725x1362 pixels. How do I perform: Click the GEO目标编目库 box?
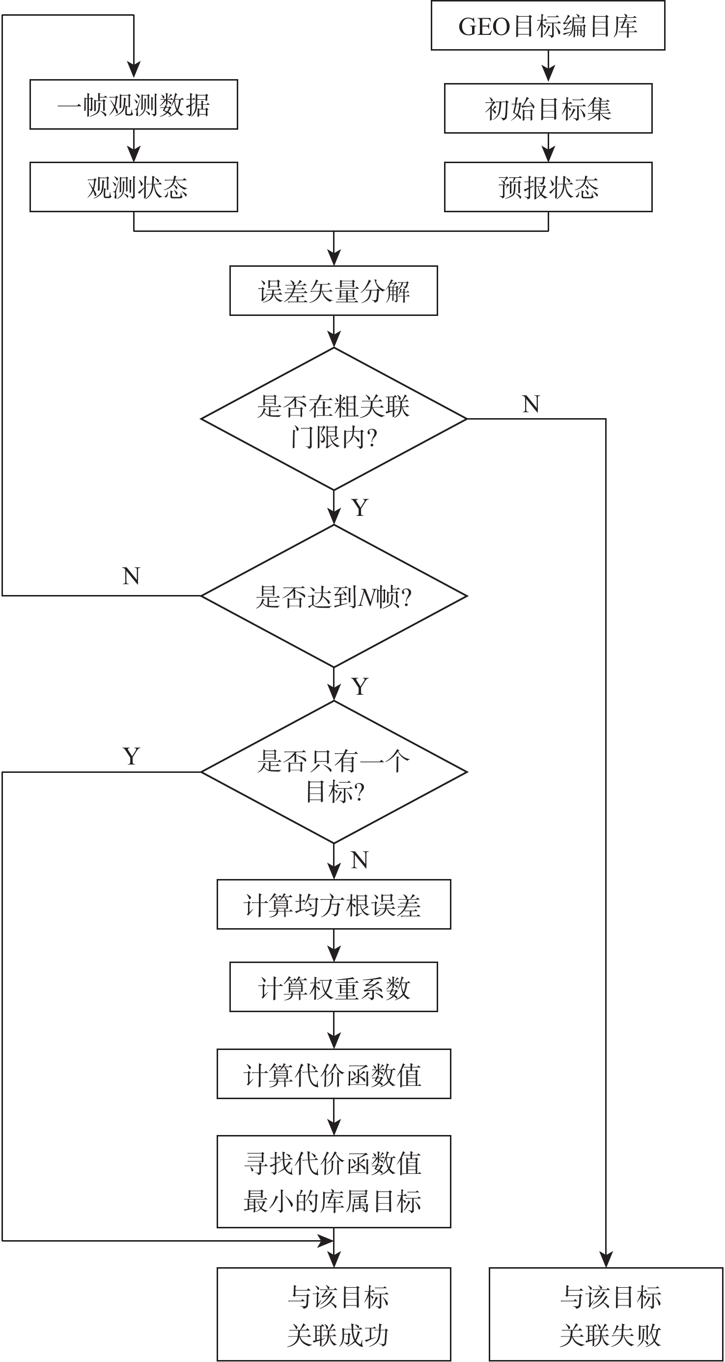tap(548, 26)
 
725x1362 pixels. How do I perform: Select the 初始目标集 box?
tap(548, 109)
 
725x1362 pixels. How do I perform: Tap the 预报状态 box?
tap(548, 187)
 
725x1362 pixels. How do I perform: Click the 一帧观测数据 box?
tap(134, 104)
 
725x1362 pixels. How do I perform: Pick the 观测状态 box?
tap(134, 187)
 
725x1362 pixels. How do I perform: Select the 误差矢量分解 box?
tap(334, 291)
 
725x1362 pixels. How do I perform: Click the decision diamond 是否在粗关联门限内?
tap(334, 419)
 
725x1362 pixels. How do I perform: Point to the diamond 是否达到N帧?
tap(334, 596)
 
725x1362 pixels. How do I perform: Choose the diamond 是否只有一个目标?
tap(334, 772)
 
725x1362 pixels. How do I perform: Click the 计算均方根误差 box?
tap(334, 905)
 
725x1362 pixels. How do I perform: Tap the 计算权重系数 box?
tap(334, 987)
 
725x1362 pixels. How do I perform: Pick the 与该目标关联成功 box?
tap(334, 1314)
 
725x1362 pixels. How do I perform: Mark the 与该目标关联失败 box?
tap(606, 1314)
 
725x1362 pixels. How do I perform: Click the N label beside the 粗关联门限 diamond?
tap(531, 404)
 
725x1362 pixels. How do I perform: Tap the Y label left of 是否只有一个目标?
tap(131, 757)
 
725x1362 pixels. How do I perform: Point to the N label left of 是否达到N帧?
tap(131, 576)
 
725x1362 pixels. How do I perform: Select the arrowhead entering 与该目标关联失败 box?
tap(606, 1260)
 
